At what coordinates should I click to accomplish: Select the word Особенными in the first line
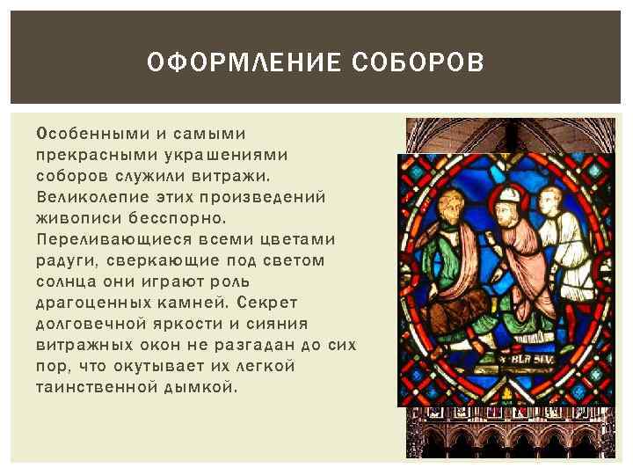tap(84, 134)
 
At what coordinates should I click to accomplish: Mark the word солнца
tap(64, 281)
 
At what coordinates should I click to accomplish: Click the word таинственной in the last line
tap(97, 387)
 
